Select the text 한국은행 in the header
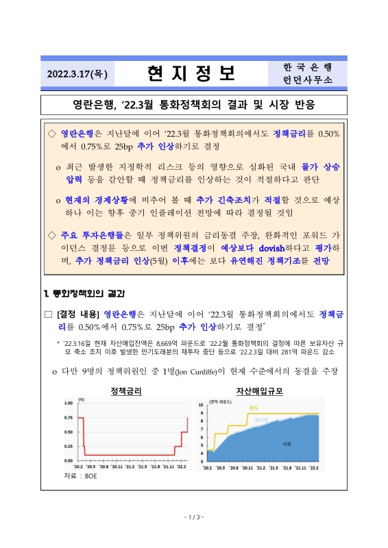[x=306, y=66]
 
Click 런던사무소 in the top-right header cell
[x=306, y=79]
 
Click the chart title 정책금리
[x=126, y=391]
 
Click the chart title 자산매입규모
[x=259, y=391]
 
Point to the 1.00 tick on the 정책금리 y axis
[x=69, y=403]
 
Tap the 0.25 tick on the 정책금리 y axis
[x=69, y=446]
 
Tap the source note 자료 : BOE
[x=80, y=475]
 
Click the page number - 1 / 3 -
[x=194, y=517]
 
